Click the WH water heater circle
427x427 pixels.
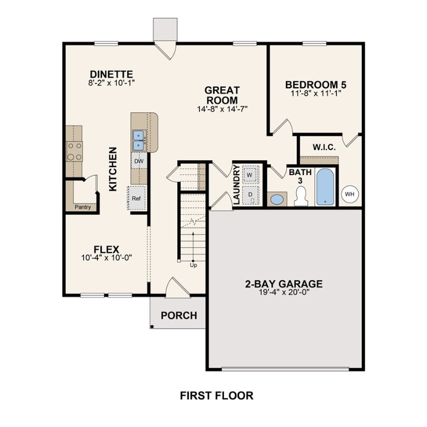tap(349, 193)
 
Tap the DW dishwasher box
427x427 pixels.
tap(138, 161)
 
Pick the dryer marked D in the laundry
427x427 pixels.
tap(251, 195)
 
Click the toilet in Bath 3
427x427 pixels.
tap(301, 196)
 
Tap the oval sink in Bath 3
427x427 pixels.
tap(276, 198)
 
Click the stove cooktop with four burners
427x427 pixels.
tap(75, 151)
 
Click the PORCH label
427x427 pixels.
tap(178, 316)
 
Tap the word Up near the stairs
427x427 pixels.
tap(193, 265)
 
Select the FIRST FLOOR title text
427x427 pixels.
tap(216, 396)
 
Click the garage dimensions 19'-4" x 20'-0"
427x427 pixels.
tap(284, 293)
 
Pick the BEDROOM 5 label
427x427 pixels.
tap(315, 85)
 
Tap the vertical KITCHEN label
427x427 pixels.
tap(113, 169)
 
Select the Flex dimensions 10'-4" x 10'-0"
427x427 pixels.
tap(106, 258)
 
